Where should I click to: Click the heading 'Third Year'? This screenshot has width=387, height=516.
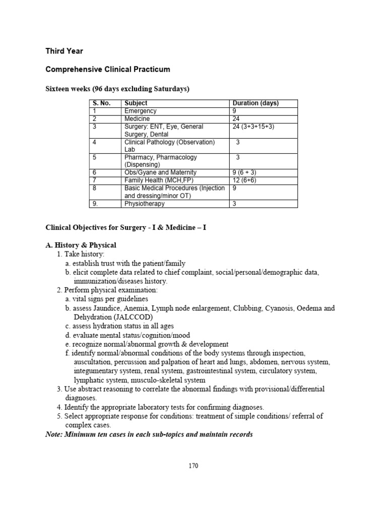tap(64, 51)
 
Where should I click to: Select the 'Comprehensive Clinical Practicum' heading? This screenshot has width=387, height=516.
tap(108, 69)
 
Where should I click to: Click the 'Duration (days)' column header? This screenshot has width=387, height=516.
tap(255, 103)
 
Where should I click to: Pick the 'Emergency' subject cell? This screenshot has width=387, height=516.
tap(141, 111)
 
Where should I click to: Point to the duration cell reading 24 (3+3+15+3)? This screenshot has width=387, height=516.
tap(253, 126)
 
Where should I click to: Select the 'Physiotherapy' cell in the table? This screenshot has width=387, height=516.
tap(145, 204)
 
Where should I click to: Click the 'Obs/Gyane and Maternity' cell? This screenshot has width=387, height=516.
tap(160, 172)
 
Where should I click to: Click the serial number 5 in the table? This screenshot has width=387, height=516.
tap(94, 157)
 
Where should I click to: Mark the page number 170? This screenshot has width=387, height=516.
tap(193, 466)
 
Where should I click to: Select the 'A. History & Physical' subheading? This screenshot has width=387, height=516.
tap(81, 245)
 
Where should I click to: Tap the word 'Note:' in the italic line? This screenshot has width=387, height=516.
tap(54, 434)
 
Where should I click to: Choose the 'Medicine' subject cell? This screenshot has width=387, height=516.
tap(137, 119)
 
